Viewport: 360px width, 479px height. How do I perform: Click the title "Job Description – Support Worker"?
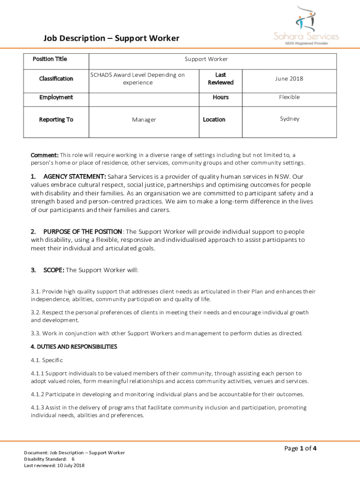111,38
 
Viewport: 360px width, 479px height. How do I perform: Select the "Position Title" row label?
50,59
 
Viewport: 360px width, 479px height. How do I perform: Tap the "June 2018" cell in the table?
290,79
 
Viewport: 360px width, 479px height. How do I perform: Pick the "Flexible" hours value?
290,97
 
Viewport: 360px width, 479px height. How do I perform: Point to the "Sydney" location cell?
290,119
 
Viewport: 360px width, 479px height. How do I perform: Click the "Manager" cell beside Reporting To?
144,120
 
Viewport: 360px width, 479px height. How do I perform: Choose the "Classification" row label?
56,79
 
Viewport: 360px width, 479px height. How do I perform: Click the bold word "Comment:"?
44,155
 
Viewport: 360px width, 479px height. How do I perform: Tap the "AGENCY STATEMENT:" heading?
74,177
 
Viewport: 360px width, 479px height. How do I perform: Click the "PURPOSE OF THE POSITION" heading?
83,232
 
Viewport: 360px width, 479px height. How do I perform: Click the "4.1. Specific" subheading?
47,360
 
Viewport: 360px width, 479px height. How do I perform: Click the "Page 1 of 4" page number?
301,449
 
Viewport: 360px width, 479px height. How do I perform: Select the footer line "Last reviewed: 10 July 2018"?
54,465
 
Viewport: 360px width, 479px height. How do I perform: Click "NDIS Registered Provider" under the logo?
307,43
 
